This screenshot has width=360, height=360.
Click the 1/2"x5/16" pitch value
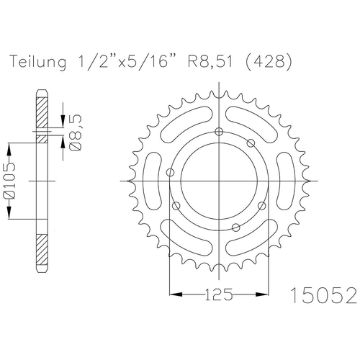click(x=134, y=63)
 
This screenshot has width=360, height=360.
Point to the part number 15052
click(x=323, y=295)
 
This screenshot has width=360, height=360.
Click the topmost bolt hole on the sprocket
click(x=218, y=130)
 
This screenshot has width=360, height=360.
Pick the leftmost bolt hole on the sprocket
click(x=170, y=173)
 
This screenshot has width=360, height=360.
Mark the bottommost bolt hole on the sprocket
click(x=235, y=228)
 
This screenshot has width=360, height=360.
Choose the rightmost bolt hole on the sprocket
click(x=251, y=143)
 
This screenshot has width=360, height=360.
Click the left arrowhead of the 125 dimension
click(x=172, y=294)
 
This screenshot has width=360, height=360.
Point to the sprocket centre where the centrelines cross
click(x=218, y=179)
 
